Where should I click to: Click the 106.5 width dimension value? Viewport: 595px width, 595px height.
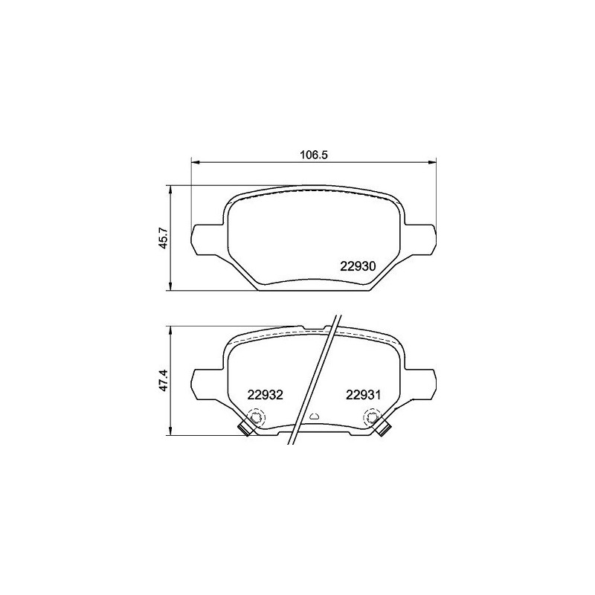point(313,155)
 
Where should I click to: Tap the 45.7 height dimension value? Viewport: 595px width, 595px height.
point(164,238)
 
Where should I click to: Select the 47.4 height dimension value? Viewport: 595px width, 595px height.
point(164,381)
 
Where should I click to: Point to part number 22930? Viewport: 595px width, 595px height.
point(358,266)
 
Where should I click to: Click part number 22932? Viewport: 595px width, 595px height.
point(266,395)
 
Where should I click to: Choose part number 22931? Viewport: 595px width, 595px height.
point(363,395)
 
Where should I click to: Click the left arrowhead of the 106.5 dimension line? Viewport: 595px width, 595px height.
point(195,162)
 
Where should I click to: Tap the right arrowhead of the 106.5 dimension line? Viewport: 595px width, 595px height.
point(432,162)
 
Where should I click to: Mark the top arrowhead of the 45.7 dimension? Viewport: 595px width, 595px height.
point(171,190)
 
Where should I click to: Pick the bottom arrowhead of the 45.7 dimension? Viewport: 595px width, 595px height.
point(171,286)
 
